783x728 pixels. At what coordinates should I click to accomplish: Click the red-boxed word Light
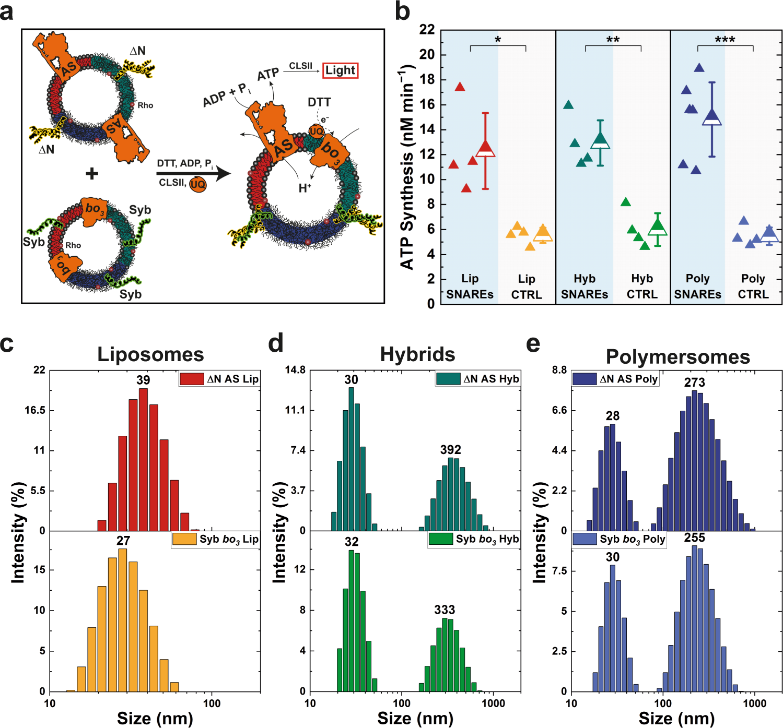pos(340,70)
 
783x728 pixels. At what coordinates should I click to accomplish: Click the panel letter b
pos(402,11)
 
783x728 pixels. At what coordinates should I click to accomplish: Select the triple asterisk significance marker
pos(725,40)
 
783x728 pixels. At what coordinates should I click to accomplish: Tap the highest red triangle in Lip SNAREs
pos(460,87)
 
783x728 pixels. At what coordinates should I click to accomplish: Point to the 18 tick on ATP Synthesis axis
pos(427,79)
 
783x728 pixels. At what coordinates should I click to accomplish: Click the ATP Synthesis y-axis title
pos(407,167)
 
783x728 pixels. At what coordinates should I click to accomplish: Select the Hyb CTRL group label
pos(642,287)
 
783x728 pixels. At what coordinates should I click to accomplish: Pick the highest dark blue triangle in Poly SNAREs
pos(699,68)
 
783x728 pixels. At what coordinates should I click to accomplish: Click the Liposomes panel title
pos(150,354)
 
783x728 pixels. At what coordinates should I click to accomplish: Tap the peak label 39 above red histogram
pos(143,380)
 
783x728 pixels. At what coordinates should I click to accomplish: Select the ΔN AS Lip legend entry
pos(219,379)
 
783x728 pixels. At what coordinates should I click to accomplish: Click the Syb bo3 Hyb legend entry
pos(474,539)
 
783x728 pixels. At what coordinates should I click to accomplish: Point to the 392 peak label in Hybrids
pos(450,450)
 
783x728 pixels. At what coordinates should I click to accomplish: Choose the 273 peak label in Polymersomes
pos(694,383)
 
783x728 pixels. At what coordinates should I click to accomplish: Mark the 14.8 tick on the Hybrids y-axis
pos(295,370)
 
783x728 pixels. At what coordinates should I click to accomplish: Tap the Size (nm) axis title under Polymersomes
pos(676,719)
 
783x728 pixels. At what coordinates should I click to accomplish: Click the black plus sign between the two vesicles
pos(92,173)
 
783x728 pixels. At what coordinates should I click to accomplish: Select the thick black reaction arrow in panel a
pos(193,173)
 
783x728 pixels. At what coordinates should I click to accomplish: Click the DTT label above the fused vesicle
pos(319,102)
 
